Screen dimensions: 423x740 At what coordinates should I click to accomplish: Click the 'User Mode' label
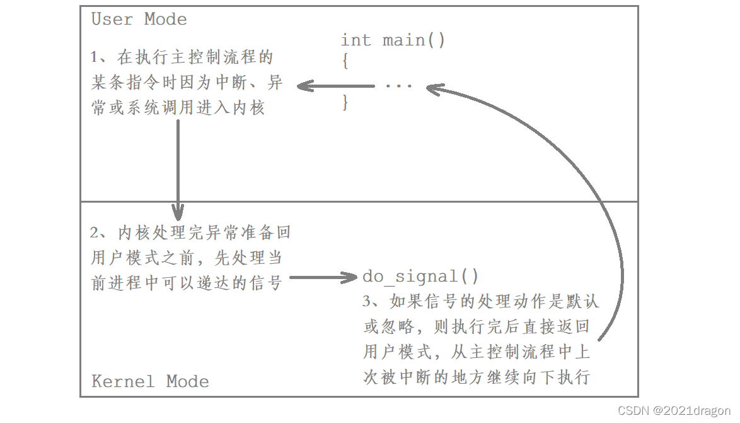139,19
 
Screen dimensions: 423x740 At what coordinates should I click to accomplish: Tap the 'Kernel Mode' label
150,381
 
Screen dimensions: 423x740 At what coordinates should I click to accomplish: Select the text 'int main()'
393,40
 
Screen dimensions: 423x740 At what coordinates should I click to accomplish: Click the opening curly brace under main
345,62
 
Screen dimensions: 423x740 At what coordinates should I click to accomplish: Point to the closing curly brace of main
345,102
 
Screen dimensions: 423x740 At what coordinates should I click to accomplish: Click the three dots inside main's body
398,85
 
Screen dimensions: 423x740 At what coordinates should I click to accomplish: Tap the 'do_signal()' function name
420,277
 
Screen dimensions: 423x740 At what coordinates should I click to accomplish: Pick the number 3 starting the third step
367,302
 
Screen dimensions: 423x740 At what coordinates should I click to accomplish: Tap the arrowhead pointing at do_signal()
350,277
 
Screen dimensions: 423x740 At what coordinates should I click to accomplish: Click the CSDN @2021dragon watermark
673,410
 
